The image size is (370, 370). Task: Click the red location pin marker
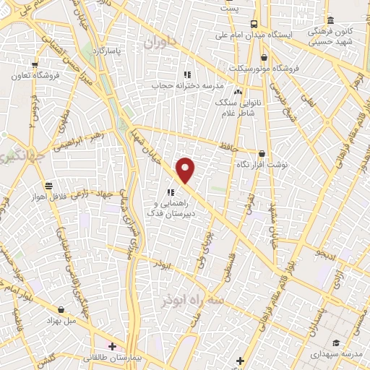pyautogui.click(x=186, y=171)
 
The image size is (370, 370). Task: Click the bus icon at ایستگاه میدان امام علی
pyautogui.click(x=254, y=23)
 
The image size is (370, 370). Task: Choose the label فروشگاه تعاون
pyautogui.click(x=34, y=75)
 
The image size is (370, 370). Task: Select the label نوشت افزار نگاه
pyautogui.click(x=261, y=165)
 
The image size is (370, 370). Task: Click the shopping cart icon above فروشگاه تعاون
pyautogui.click(x=34, y=65)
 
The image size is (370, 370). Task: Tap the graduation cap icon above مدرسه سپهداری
pyautogui.click(x=335, y=343)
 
